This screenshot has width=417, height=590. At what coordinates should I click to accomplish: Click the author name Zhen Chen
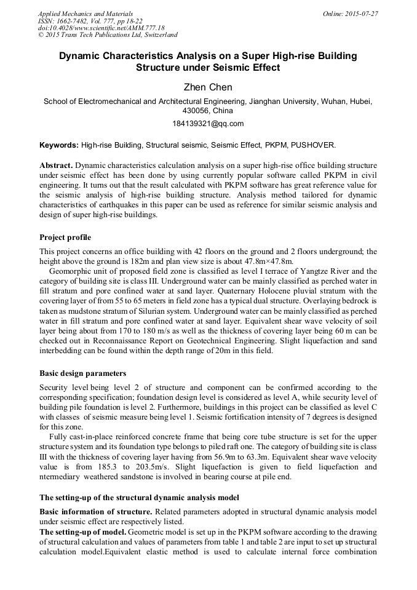208,88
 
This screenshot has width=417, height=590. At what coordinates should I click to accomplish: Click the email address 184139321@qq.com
208,124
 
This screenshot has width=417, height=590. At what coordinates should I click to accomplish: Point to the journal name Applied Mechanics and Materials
85,14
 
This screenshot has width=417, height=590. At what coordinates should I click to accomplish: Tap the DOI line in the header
101,28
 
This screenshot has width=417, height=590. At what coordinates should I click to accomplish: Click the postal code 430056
196,111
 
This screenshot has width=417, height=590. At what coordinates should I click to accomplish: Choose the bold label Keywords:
59,146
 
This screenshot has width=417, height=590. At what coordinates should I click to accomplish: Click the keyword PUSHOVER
314,146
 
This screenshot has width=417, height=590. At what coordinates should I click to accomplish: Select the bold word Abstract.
56,166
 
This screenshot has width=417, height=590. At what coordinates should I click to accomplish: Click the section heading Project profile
65,237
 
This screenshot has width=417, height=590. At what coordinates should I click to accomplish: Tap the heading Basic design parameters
83,373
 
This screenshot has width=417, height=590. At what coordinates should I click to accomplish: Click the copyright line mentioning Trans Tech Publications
108,36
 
